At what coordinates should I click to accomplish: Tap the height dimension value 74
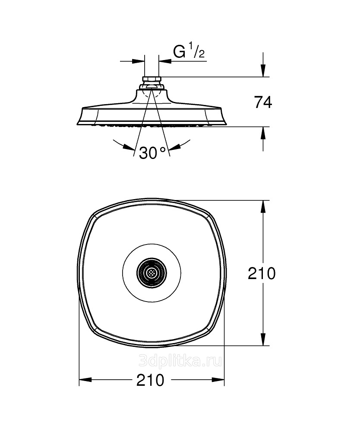(263, 102)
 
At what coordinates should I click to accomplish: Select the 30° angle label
(153, 153)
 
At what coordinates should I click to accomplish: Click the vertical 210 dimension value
(262, 273)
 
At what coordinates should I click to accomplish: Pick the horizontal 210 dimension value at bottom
(150, 380)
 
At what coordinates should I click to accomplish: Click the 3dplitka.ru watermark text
(180, 360)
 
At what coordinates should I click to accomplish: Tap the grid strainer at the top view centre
(152, 273)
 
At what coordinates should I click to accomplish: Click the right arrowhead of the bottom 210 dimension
(218, 380)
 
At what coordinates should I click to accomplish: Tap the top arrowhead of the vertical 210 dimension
(263, 206)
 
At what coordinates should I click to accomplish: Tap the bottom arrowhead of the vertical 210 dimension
(263, 339)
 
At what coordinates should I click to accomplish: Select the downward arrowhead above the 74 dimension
(263, 70)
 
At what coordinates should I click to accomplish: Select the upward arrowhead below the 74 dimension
(263, 133)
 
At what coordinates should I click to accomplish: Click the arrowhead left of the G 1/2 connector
(139, 61)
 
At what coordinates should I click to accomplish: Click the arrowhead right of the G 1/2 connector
(165, 61)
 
